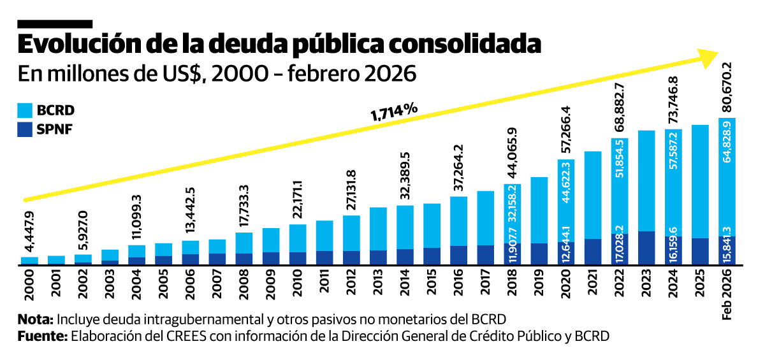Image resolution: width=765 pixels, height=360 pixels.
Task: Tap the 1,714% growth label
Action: (x=394, y=112)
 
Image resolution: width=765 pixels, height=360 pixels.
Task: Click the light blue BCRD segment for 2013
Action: (x=378, y=229)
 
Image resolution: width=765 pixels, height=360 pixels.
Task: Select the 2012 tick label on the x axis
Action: (x=352, y=284)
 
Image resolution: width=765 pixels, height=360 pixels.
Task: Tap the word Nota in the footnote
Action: (x=36, y=319)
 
